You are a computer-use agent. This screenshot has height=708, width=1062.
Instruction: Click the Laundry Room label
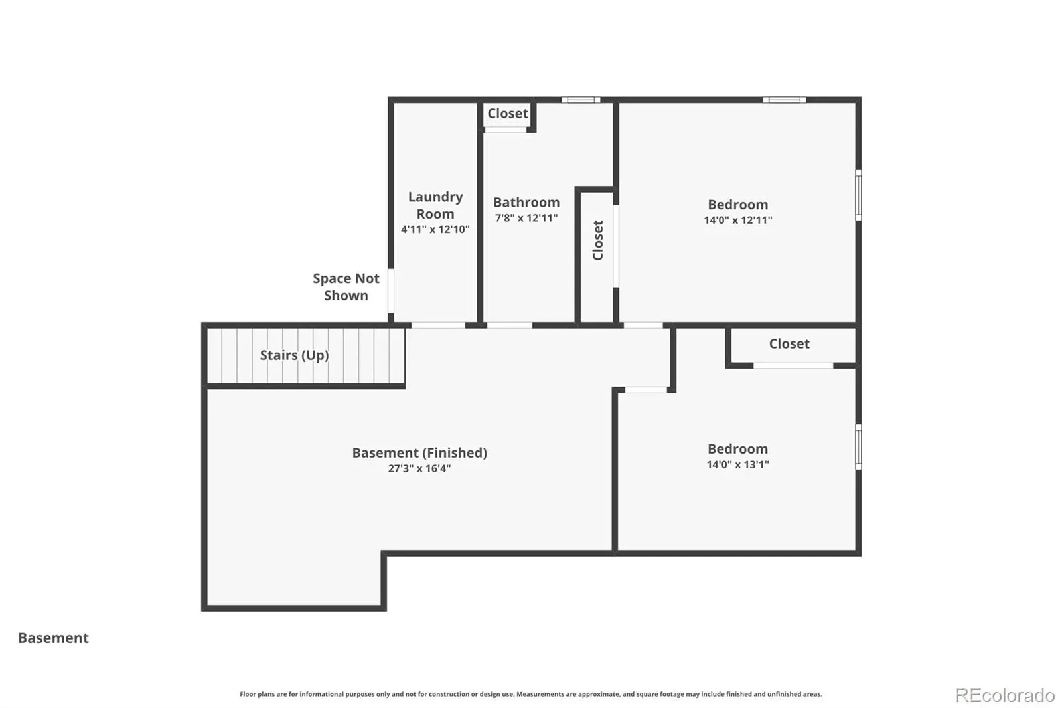(435, 205)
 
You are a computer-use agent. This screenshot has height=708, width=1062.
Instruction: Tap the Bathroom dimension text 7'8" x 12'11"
(526, 218)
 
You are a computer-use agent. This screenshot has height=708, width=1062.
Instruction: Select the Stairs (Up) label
(295, 355)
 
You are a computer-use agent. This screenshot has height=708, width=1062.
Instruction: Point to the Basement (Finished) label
(419, 453)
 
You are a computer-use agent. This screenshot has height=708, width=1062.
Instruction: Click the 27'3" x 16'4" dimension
(419, 468)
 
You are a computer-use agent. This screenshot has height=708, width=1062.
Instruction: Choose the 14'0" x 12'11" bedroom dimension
(737, 221)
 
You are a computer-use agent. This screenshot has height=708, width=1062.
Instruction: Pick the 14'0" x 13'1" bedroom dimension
(737, 464)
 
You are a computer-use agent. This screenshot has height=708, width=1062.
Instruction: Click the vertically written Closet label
(598, 240)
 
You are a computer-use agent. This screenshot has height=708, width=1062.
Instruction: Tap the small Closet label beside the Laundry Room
(508, 114)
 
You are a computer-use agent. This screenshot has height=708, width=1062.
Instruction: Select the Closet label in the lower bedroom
(789, 343)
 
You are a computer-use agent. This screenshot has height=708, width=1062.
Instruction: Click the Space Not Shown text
(346, 287)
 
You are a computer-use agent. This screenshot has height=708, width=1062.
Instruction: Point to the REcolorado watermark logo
(1005, 695)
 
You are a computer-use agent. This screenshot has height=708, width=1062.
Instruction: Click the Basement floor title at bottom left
(53, 638)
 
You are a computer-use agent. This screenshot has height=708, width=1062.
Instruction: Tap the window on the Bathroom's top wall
(581, 100)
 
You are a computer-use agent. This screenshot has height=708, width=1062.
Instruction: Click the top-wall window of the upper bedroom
(784, 100)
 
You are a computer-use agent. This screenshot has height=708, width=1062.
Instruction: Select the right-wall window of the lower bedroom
(858, 447)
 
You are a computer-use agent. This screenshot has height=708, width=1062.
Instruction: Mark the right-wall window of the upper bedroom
(858, 195)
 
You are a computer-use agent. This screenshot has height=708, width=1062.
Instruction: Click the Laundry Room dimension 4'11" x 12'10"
(435, 230)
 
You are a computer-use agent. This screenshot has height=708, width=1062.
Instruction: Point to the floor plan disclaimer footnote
(531, 694)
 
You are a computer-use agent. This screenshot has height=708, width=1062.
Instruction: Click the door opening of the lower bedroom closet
(793, 365)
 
